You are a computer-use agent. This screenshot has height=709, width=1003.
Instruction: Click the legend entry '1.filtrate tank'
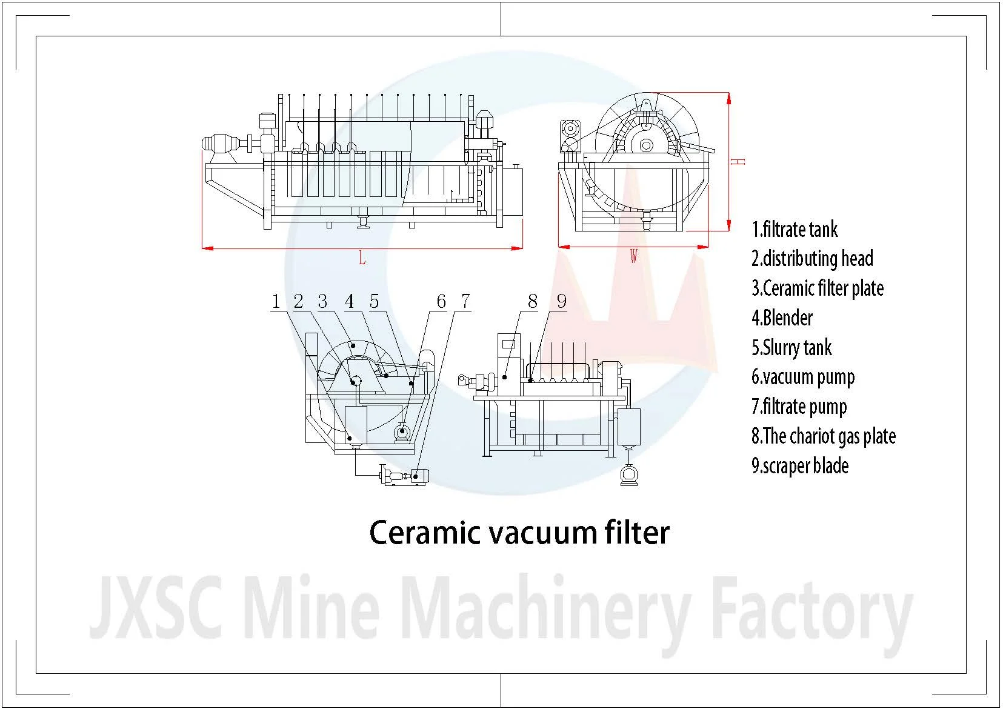click(x=795, y=230)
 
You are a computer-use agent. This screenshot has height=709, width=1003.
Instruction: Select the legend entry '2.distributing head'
click(x=812, y=259)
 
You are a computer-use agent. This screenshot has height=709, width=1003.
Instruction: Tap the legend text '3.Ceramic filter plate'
click(x=818, y=288)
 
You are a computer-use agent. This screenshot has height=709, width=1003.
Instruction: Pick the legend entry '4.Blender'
click(x=782, y=318)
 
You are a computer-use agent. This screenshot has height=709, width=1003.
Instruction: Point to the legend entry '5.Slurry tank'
click(x=791, y=347)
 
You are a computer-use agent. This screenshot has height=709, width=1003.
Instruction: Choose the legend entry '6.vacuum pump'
click(x=803, y=377)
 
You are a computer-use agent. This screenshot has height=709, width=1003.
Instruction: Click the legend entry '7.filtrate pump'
click(x=799, y=407)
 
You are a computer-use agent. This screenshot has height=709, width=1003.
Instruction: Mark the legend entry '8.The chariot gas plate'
click(x=824, y=436)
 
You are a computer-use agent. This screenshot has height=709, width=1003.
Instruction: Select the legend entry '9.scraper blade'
click(x=800, y=466)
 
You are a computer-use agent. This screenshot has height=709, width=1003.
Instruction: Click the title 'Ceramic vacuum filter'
click(x=519, y=532)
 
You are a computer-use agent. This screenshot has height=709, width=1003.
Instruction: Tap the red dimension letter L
click(x=362, y=259)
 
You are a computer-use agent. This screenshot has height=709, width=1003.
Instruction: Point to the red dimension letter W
click(x=633, y=256)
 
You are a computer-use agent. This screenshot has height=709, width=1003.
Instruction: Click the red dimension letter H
click(x=739, y=161)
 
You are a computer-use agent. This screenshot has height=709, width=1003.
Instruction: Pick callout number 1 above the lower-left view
click(x=276, y=301)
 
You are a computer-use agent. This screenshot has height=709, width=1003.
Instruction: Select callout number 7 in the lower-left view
click(x=465, y=301)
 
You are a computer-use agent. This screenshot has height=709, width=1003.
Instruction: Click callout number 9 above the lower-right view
click(x=561, y=301)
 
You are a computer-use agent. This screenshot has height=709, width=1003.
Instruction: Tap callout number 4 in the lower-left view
click(x=350, y=301)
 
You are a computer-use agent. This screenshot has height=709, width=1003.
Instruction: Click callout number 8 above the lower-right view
click(x=533, y=301)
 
